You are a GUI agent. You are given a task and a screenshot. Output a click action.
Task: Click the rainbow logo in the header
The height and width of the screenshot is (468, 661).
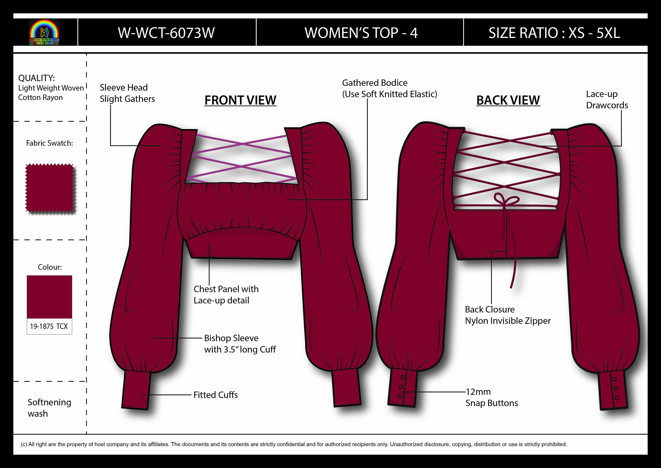[x=44, y=32]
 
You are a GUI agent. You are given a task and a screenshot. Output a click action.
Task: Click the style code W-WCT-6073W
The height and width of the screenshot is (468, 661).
[x=166, y=33]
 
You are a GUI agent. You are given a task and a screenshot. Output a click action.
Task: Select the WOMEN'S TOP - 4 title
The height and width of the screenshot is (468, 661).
[x=361, y=33]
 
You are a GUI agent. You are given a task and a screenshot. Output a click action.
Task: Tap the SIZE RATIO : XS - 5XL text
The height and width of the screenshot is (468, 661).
[x=554, y=33]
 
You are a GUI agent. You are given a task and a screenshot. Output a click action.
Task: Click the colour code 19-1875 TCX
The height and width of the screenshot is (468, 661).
[x=49, y=326]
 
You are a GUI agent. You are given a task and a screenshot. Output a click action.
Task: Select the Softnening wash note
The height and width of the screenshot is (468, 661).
[x=49, y=408]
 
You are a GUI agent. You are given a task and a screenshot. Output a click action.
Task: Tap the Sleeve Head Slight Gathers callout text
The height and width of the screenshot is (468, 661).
[x=127, y=93]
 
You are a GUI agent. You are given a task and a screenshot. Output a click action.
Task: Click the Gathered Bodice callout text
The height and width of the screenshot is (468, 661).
[x=389, y=89]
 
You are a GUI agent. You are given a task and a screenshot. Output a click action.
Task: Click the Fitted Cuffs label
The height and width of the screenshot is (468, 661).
[x=215, y=395]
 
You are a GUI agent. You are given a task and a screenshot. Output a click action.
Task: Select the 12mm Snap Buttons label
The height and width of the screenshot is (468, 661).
[x=491, y=397]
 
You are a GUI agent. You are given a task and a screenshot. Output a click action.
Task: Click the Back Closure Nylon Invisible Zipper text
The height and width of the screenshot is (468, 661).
[x=508, y=315]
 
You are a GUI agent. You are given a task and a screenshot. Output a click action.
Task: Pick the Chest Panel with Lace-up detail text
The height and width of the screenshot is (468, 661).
[x=226, y=294]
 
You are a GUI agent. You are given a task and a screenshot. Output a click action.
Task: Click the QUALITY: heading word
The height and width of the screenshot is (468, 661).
[x=37, y=78]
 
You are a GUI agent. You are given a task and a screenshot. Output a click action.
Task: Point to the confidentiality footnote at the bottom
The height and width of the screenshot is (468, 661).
[x=294, y=444]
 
